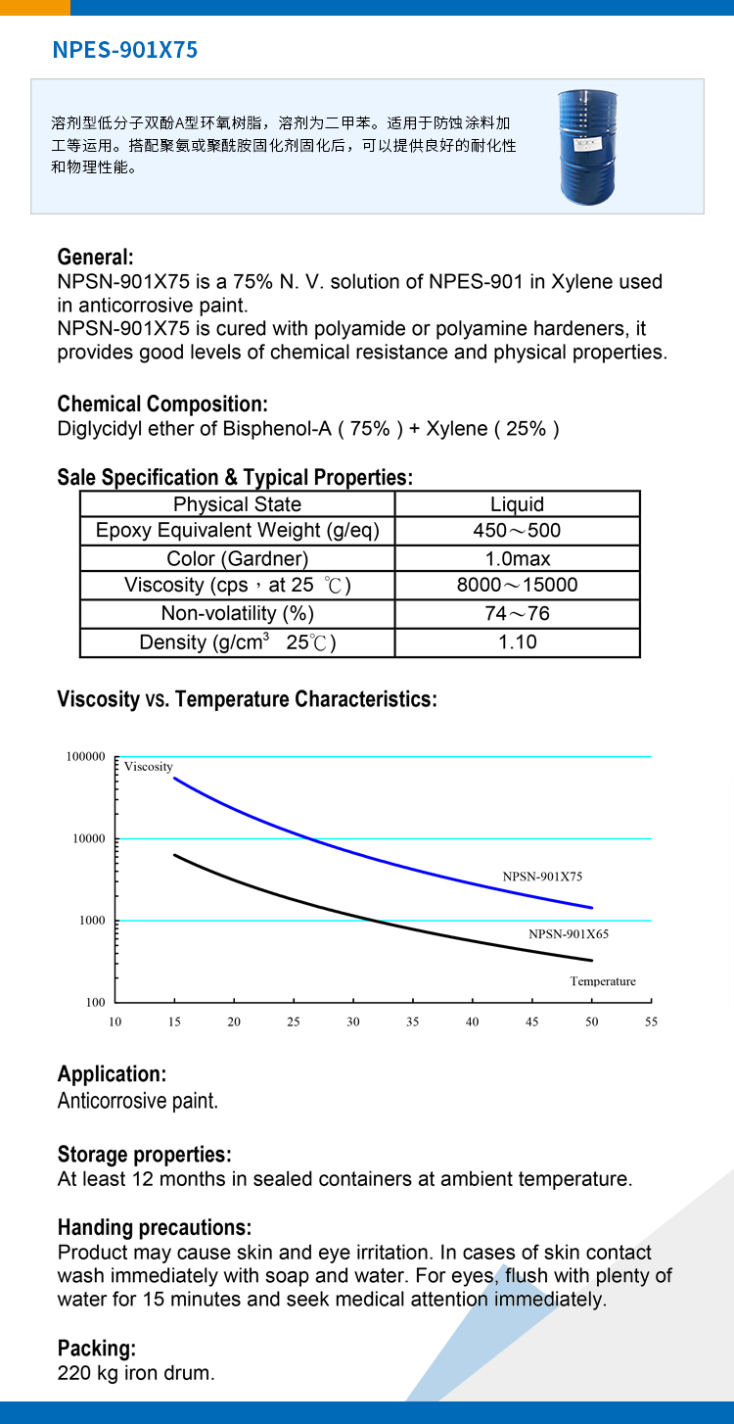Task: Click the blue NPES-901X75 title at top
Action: click(125, 50)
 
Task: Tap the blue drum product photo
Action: click(588, 147)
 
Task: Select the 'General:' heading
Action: click(95, 257)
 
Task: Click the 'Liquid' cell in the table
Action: click(518, 504)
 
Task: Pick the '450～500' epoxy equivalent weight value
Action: click(518, 530)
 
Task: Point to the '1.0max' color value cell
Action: click(518, 559)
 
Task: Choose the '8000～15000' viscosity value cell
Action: click(518, 585)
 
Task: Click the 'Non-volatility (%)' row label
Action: click(237, 613)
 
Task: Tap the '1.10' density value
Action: click(518, 642)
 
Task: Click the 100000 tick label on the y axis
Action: click(86, 756)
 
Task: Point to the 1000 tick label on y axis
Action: click(92, 921)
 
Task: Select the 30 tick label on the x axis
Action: click(352, 1021)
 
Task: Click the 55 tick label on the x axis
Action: click(651, 1021)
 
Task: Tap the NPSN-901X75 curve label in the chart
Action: click(542, 877)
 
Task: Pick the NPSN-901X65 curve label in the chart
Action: click(569, 934)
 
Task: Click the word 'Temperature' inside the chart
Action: click(603, 981)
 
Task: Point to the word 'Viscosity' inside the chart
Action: click(148, 767)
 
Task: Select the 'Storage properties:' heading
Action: click(144, 1155)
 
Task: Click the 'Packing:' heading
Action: click(97, 1349)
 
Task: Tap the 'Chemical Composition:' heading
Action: click(162, 403)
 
